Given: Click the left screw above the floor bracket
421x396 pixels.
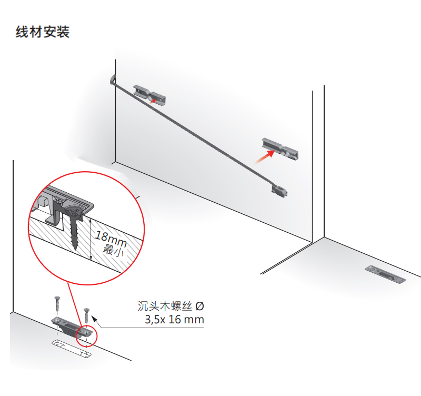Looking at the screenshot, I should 56,304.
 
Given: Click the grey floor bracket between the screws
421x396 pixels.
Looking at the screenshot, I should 67,325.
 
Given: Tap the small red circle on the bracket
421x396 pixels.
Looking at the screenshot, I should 86,334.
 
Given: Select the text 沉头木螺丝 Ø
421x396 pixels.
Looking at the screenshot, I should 169,306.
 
